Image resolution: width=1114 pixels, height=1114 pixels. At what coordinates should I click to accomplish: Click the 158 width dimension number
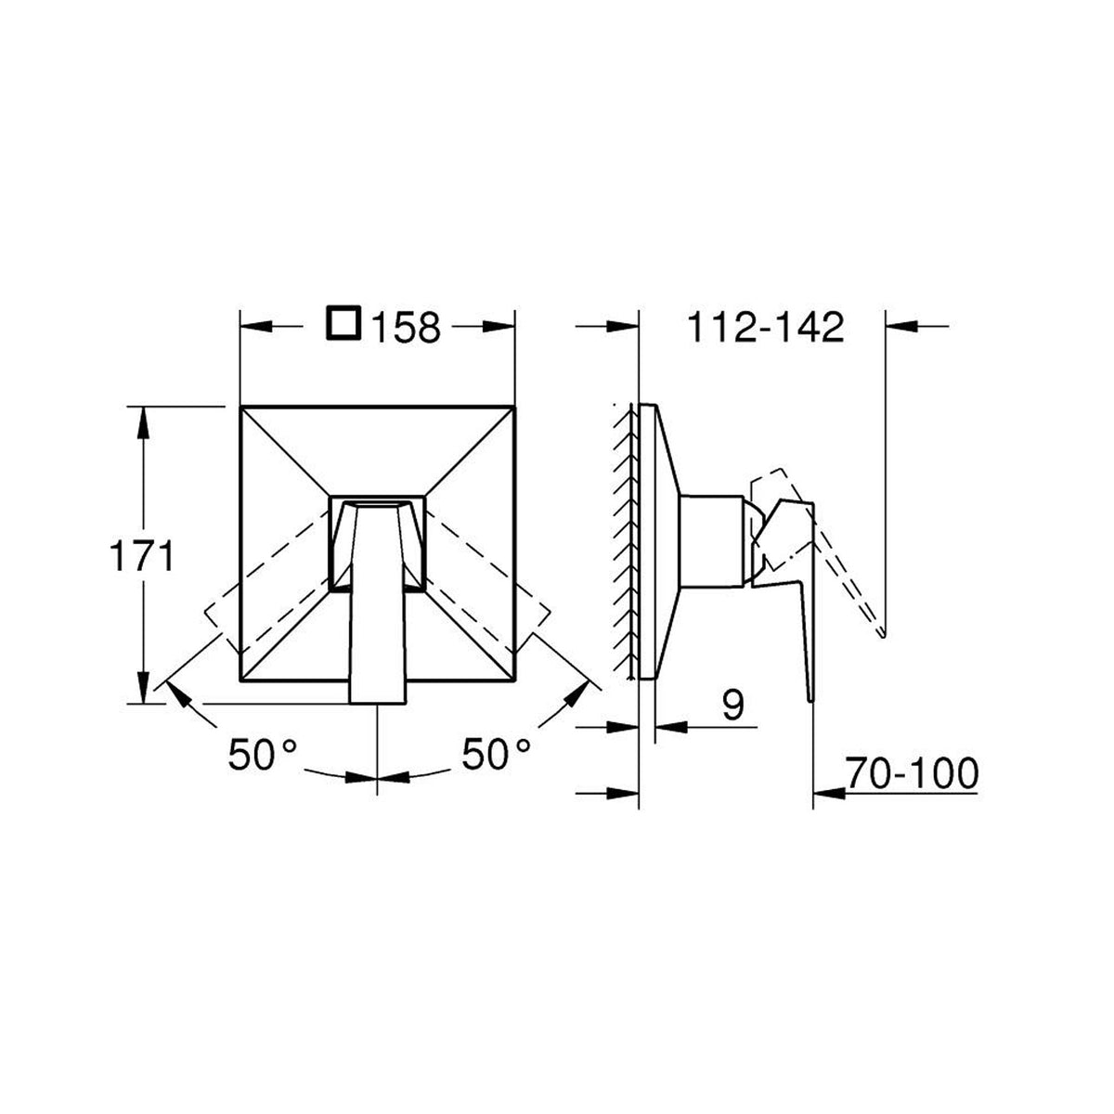pos(406,328)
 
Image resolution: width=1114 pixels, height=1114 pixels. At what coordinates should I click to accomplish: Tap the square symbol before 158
pos(344,322)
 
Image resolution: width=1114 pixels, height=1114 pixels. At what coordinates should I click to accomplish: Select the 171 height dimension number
pos(142,557)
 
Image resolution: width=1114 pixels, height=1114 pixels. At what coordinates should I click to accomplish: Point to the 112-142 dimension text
pos(766,328)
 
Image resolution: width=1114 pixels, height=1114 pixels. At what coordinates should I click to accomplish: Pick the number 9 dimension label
pos(732,705)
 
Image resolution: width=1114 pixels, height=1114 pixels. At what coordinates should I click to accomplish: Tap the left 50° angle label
pos(263,754)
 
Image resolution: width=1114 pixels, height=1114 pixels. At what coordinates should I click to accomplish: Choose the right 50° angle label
pos(496,754)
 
